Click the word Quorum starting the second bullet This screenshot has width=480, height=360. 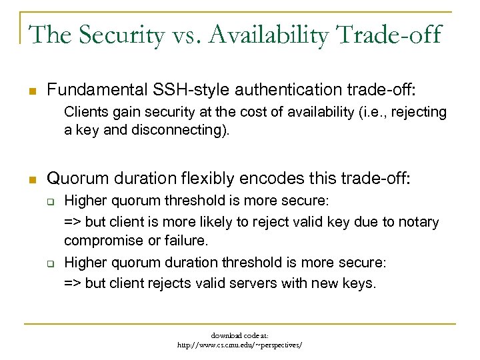click(78, 178)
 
